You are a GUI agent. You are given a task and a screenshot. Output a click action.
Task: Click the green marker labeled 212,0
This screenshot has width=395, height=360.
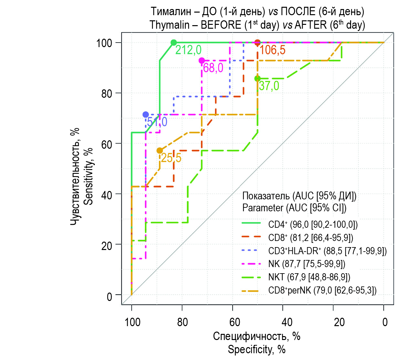point(174,43)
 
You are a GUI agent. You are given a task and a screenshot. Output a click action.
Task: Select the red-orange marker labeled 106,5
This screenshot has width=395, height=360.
point(258,43)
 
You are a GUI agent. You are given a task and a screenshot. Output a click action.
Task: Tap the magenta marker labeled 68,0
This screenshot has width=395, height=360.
point(202,61)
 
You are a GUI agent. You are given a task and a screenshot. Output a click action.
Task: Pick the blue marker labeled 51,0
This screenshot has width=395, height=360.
point(146,115)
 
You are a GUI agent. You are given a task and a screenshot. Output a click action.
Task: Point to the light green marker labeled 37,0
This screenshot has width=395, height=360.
point(258,78)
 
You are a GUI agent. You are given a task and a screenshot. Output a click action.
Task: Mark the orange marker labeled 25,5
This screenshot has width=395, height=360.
point(160,151)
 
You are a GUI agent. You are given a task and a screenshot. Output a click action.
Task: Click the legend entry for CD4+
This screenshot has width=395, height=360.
point(313,225)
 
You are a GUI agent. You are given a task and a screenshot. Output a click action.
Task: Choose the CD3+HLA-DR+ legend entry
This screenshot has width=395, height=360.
point(327,251)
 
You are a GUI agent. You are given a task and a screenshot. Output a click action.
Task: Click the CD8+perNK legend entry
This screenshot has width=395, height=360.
point(322,290)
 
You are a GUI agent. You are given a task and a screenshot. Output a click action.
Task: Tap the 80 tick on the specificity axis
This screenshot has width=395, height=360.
point(182,322)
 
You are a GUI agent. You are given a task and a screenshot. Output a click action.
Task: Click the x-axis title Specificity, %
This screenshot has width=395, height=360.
point(257,349)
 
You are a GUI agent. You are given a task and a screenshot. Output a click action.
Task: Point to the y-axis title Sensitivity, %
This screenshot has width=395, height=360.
point(88,176)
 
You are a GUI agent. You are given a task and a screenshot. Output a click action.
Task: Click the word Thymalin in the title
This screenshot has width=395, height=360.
point(169,25)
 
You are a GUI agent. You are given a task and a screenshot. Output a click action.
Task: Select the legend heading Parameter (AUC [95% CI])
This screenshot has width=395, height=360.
point(294,208)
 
